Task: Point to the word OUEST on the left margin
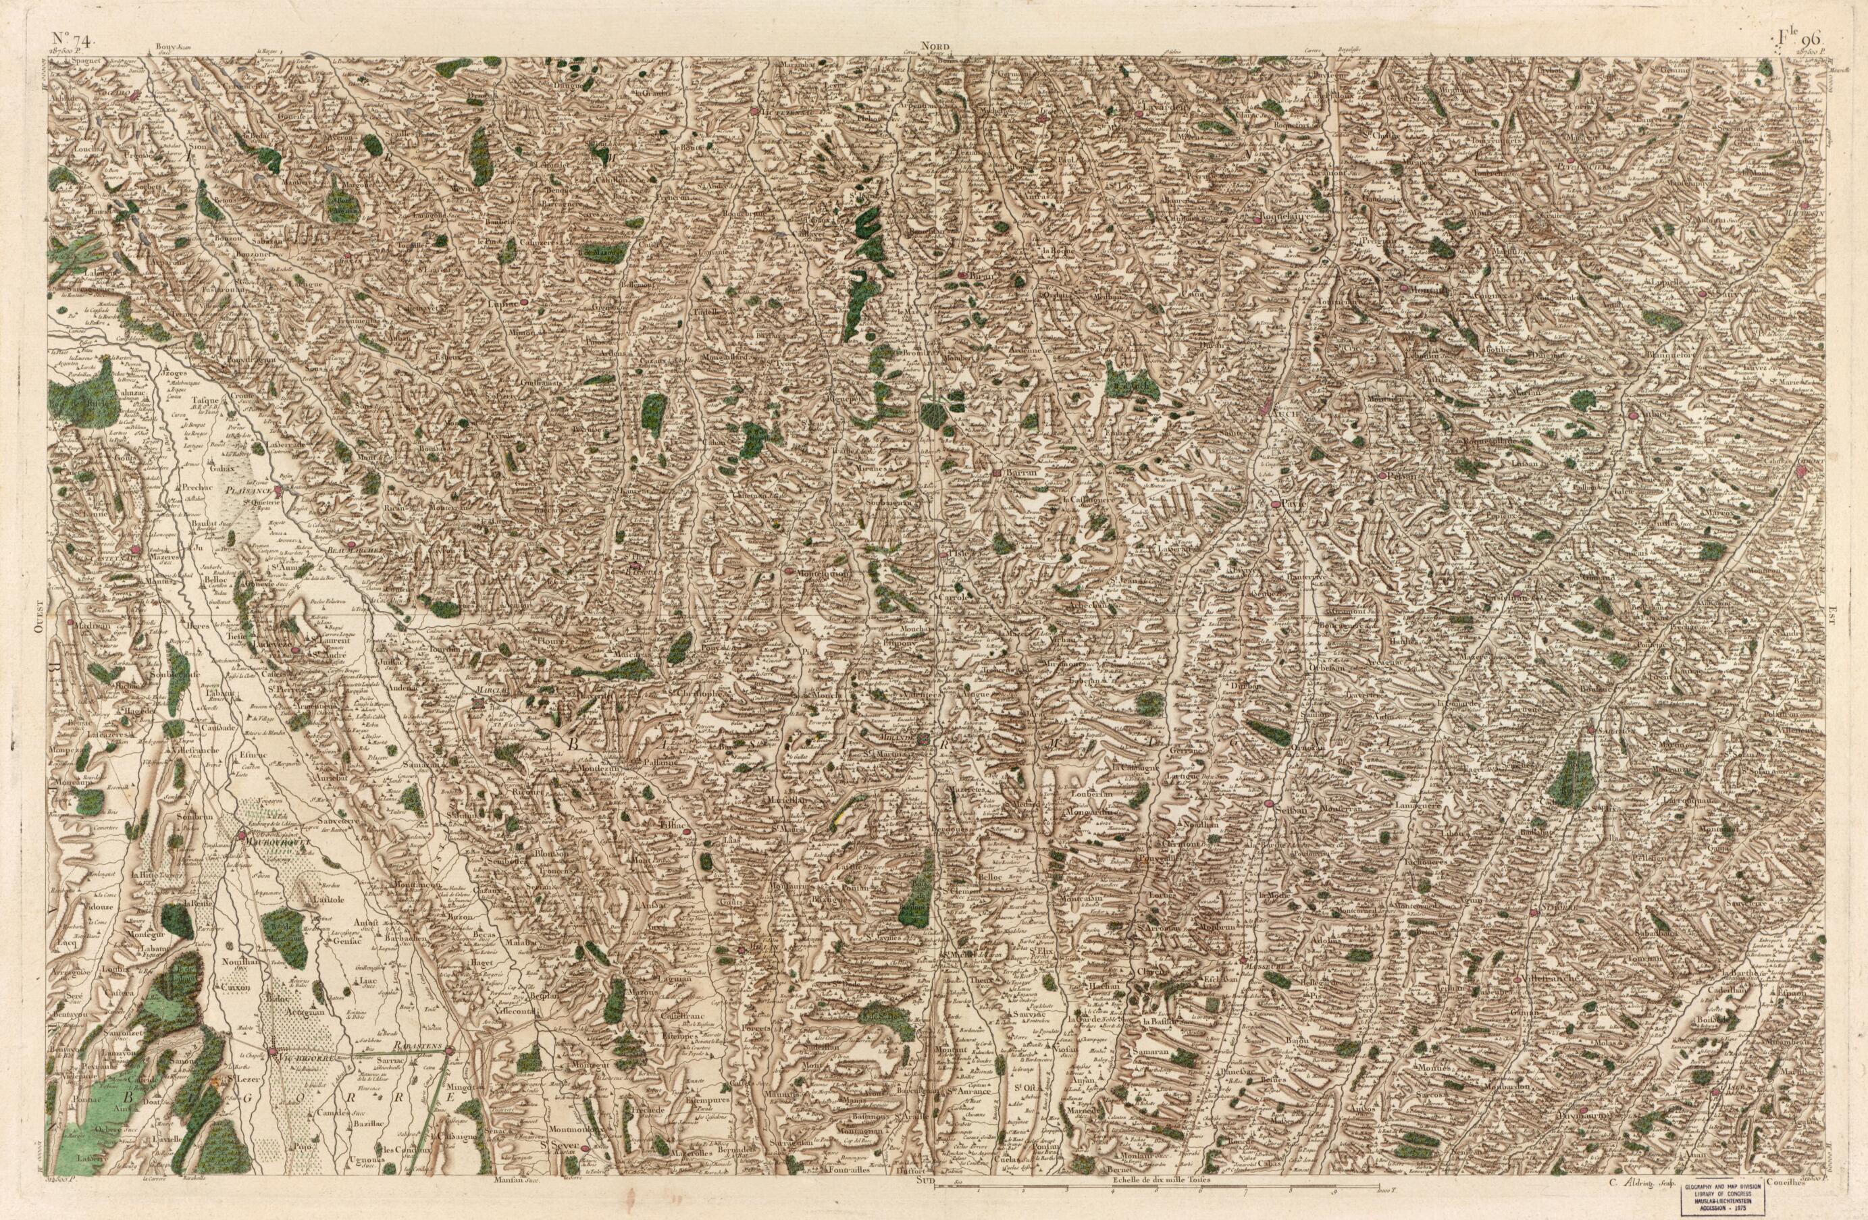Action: (x=38, y=619)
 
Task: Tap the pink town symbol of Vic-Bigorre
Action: (x=272, y=1050)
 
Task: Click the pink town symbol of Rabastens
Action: (x=450, y=1050)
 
